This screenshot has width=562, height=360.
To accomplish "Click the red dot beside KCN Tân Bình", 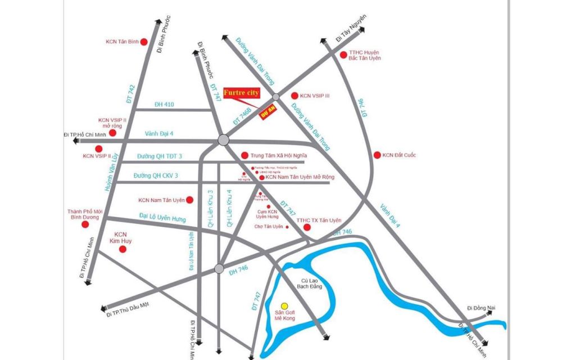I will [143, 42].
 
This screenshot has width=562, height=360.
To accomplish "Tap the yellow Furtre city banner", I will [242, 92].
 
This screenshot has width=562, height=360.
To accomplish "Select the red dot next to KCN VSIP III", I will [294, 96].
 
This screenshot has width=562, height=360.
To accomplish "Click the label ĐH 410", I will [164, 105].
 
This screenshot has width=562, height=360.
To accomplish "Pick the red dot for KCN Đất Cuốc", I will [377, 155].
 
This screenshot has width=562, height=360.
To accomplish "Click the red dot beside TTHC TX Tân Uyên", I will [307, 227].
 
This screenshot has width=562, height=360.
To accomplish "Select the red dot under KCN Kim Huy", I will [123, 248].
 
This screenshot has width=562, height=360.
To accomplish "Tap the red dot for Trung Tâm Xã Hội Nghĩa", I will [244, 155].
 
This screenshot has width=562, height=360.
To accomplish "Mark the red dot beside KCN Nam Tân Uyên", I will [190, 200].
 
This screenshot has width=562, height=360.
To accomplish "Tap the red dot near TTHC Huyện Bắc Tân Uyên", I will [343, 55].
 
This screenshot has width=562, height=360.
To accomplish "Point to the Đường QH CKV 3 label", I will [156, 176].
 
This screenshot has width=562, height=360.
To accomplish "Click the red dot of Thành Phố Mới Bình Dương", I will [85, 224].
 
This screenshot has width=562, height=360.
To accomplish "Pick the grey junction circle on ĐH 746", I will [219, 268].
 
